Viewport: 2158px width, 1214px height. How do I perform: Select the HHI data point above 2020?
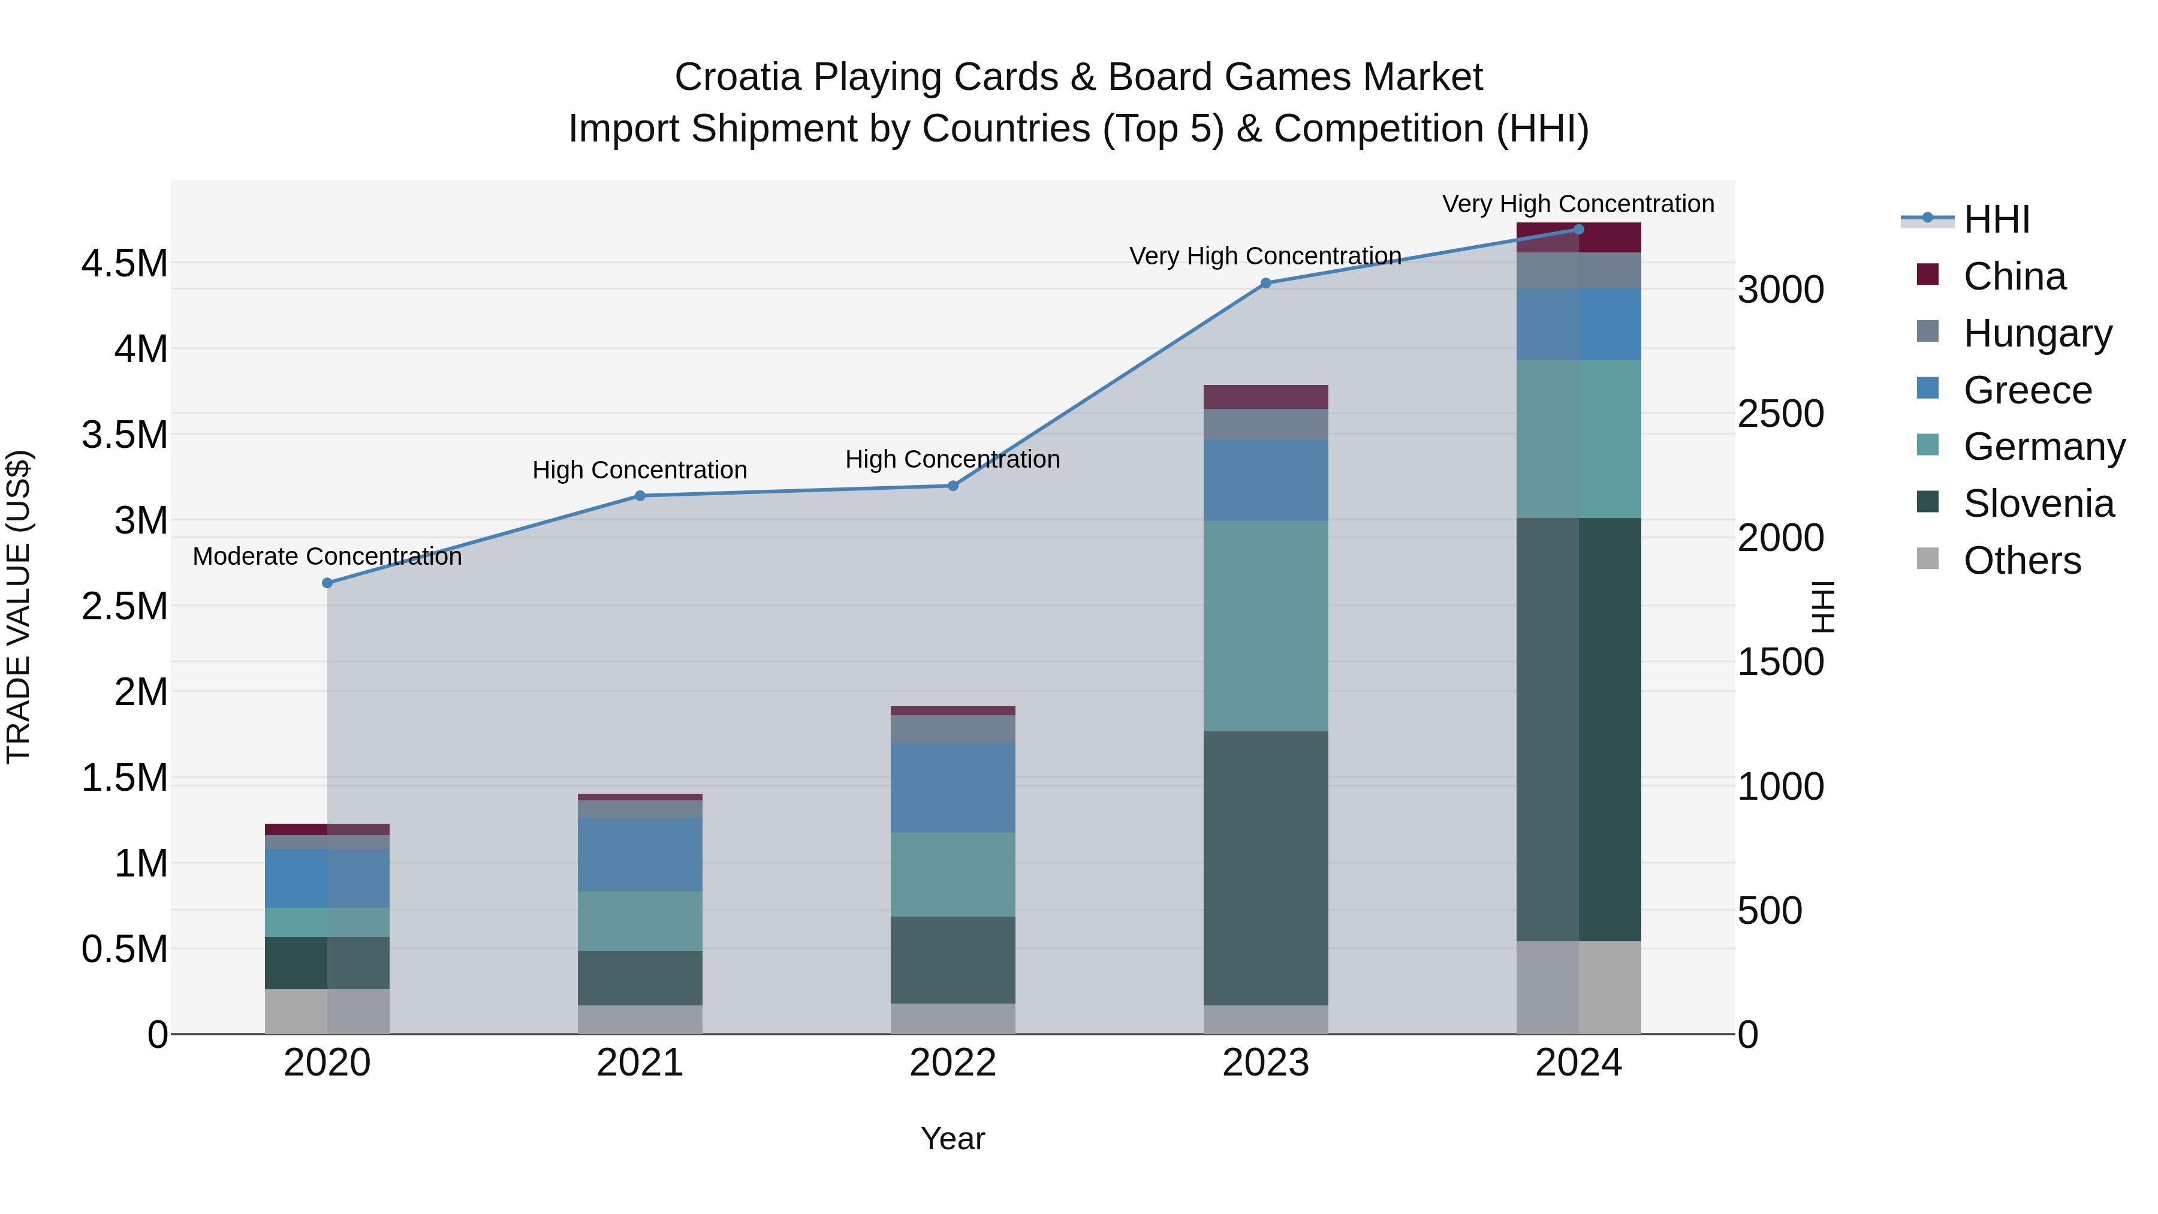(x=327, y=583)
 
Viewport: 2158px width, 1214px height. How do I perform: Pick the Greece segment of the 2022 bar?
(x=953, y=788)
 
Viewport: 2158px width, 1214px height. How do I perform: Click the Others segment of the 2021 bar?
(x=640, y=1020)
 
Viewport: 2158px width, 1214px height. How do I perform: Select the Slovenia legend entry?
(x=2038, y=504)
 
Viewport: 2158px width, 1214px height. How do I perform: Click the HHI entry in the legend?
(x=1996, y=219)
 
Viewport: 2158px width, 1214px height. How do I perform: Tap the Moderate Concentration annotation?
(x=327, y=556)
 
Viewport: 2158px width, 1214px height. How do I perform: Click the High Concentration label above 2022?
(x=953, y=459)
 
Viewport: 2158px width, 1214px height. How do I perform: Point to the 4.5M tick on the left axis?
(x=124, y=263)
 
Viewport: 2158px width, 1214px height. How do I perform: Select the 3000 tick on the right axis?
(x=1780, y=290)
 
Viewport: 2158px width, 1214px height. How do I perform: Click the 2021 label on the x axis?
(x=640, y=1063)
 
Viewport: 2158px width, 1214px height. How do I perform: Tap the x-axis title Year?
(x=953, y=1138)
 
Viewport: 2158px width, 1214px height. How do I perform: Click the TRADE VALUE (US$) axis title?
(x=19, y=607)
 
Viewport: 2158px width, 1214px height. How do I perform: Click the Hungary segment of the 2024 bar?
(x=1578, y=270)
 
